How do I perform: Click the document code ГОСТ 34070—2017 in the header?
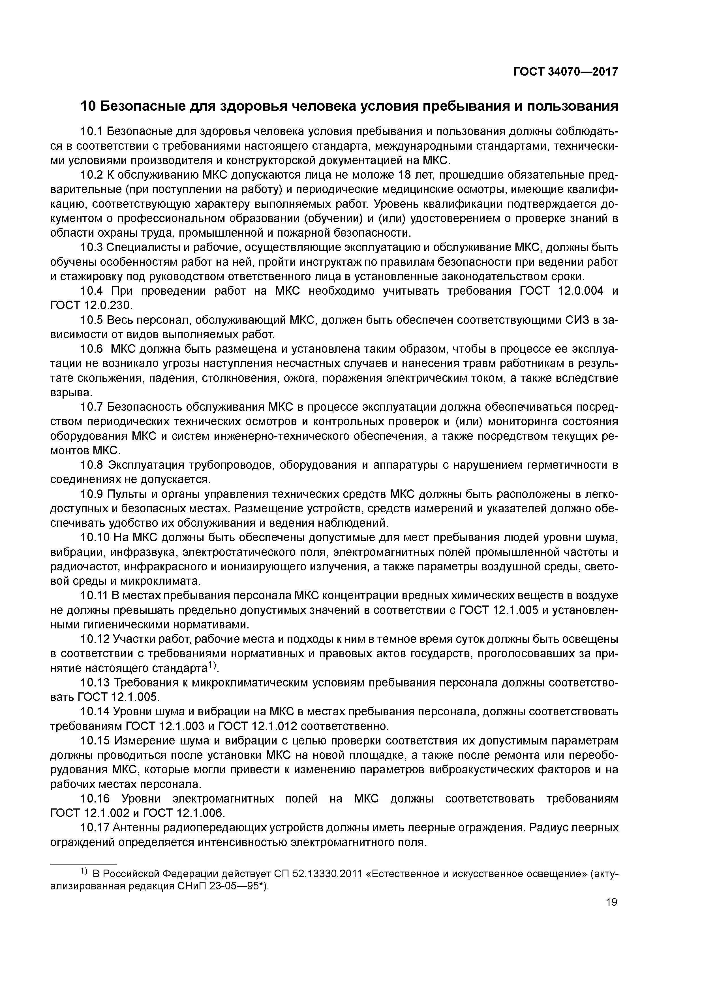[565, 72]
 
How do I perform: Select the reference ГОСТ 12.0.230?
[90, 305]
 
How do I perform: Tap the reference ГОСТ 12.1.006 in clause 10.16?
[183, 813]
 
